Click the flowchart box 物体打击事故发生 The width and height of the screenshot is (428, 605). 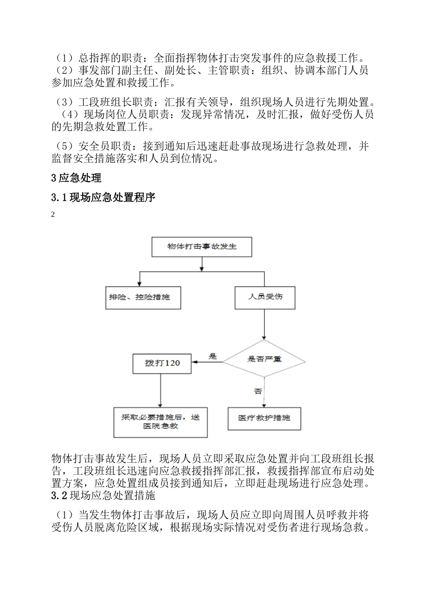tap(202, 247)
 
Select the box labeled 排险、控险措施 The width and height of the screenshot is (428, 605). tap(143, 298)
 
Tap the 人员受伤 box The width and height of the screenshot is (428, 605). tap(265, 298)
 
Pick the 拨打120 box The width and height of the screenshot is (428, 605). tap(162, 363)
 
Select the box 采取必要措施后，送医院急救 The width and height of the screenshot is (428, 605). tap(160, 422)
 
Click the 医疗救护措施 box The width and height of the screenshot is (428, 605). tap(264, 418)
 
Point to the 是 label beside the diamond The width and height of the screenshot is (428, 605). tap(212, 357)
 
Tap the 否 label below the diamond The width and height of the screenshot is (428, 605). tap(258, 392)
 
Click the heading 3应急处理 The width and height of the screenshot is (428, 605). tap(77, 178)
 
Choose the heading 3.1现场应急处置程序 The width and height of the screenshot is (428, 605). tap(103, 197)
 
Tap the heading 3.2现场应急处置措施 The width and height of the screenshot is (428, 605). tap(103, 496)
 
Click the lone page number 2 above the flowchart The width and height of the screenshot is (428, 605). tap(53, 215)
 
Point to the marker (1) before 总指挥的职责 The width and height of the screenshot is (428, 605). tap(64, 58)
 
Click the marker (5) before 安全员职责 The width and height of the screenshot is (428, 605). tap(64, 146)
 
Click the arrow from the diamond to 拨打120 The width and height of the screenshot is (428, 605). tap(208, 362)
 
